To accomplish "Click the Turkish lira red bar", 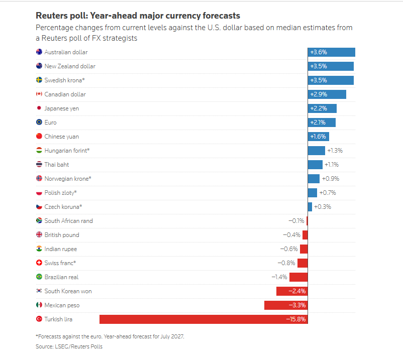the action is pyautogui.click(x=204, y=319).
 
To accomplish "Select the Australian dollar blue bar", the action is pyautogui.click(x=332, y=52).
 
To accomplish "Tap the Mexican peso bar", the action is pyautogui.click(x=286, y=305).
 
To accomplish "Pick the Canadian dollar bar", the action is pyautogui.click(x=327, y=94).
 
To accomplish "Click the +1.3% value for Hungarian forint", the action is pyautogui.click(x=335, y=151).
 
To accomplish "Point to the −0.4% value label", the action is pyautogui.click(x=292, y=235).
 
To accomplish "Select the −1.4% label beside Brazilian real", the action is pyautogui.click(x=279, y=277).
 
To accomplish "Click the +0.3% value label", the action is pyautogui.click(x=323, y=207).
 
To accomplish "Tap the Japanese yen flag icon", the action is pyautogui.click(x=39, y=108).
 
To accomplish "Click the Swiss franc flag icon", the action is pyautogui.click(x=39, y=263).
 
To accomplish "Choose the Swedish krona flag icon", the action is pyautogui.click(x=39, y=80).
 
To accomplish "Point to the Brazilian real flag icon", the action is pyautogui.click(x=39, y=277).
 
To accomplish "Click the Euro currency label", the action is pyautogui.click(x=50, y=123).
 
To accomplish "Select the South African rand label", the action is pyautogui.click(x=69, y=221).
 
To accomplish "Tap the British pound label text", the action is pyautogui.click(x=62, y=235).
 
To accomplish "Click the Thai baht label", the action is pyautogui.click(x=57, y=165).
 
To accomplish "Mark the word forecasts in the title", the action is pyautogui.click(x=221, y=16).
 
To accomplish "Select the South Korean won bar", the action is pyautogui.click(x=292, y=291).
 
